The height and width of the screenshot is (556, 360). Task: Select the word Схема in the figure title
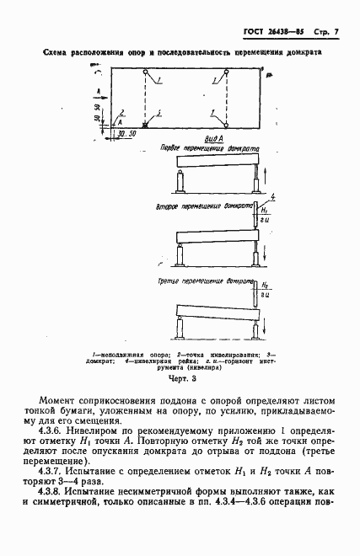(60, 52)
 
